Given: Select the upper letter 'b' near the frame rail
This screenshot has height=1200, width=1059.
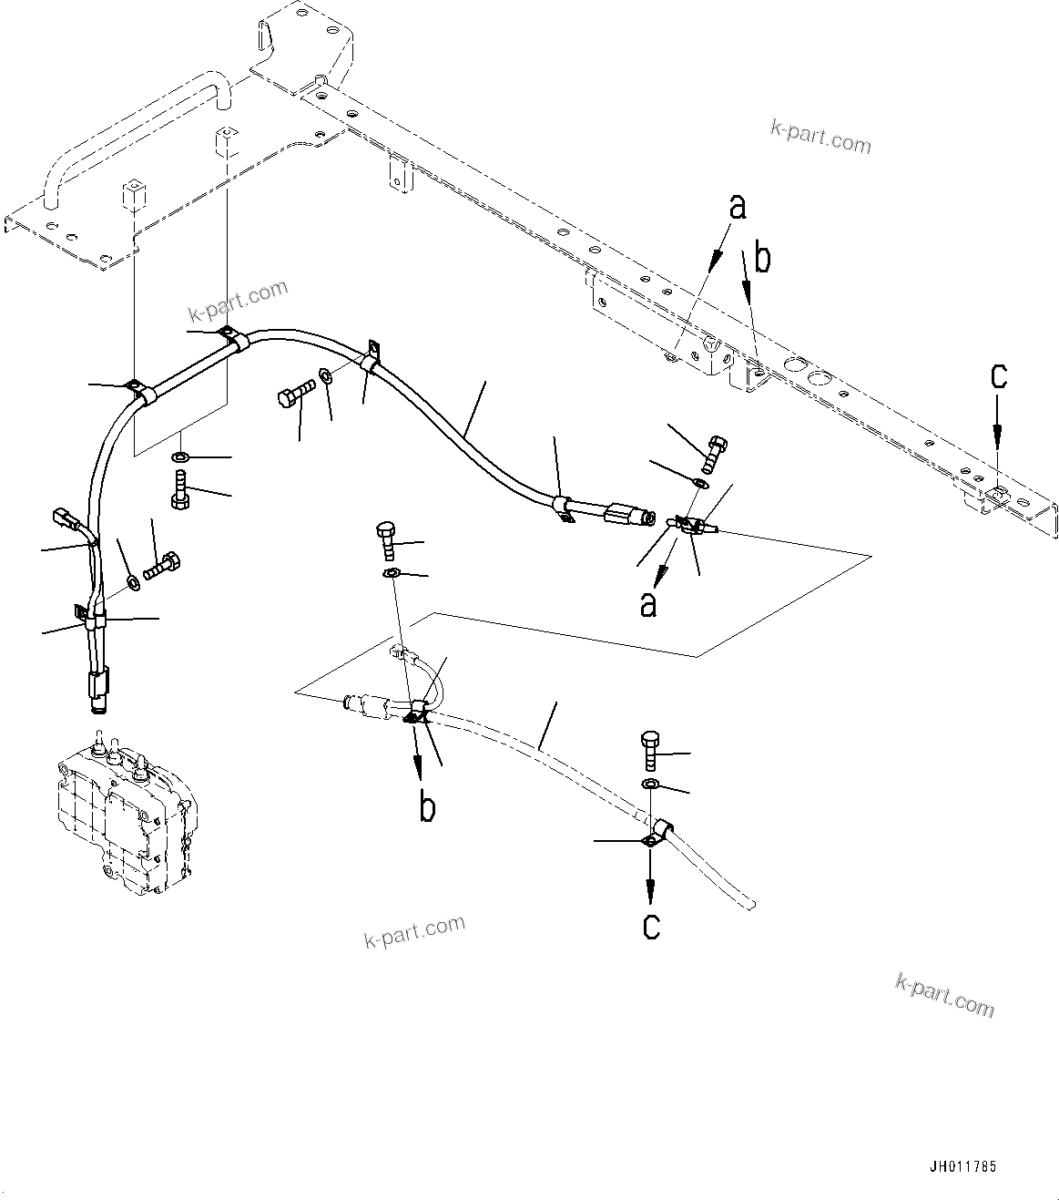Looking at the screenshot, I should coord(762,259).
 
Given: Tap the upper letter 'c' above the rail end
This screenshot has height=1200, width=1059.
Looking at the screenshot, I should coord(998,376).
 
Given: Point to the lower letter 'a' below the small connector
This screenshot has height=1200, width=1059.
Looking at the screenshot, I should coord(647,603).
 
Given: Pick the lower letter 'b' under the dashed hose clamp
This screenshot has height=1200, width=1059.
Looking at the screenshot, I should coord(427,806).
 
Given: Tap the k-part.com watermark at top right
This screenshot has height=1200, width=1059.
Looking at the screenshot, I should coord(820,138).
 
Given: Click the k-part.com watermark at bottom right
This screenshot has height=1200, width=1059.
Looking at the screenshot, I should coord(944,994).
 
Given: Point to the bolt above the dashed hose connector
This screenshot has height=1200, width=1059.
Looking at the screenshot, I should coord(385,540).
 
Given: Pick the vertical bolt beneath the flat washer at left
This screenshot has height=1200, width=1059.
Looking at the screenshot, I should coord(179,488).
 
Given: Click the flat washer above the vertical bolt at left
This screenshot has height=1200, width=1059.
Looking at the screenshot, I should coord(180,455).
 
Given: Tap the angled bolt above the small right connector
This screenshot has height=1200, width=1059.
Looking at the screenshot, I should coord(716,450).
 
